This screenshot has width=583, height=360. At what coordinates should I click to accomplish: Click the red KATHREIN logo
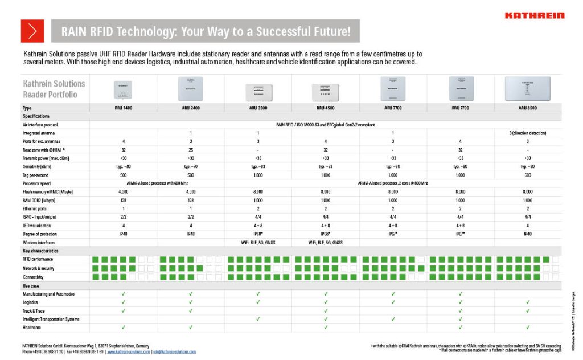(535, 15)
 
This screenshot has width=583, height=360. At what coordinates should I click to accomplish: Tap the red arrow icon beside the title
(32, 31)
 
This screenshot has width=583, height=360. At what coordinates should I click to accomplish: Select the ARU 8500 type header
(528, 107)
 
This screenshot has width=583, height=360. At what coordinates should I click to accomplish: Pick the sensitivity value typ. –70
(191, 166)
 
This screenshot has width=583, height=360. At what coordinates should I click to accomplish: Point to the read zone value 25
(191, 149)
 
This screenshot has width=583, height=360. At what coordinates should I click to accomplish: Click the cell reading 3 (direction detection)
(528, 133)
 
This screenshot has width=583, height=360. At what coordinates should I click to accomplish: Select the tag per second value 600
(528, 175)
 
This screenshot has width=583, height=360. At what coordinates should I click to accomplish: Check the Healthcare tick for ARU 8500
(528, 328)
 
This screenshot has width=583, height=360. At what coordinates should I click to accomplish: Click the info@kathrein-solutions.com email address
(174, 351)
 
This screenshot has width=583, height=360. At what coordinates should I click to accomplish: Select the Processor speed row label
(37, 183)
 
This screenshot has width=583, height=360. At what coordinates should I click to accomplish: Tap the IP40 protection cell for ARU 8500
(528, 234)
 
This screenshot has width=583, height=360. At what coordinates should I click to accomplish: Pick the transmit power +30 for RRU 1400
(123, 158)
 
